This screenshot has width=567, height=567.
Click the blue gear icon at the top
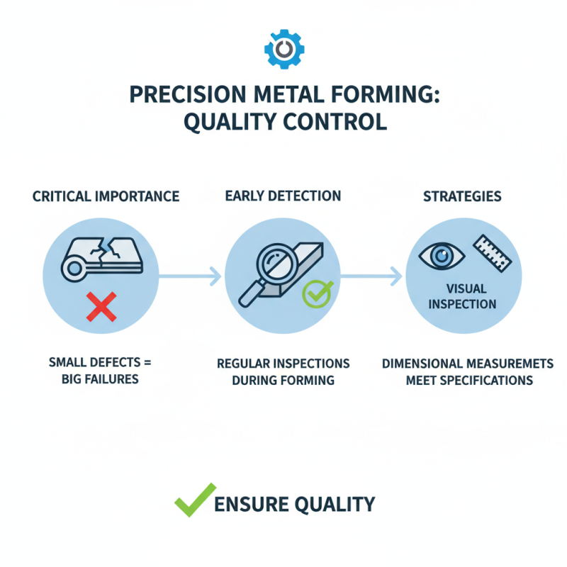pyautogui.click(x=283, y=48)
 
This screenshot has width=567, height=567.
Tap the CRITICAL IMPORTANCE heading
pyautogui.click(x=106, y=196)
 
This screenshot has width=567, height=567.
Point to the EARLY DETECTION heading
pyautogui.click(x=283, y=196)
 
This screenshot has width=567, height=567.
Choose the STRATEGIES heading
pyautogui.click(x=462, y=196)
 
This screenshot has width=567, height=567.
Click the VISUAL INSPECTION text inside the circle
pyautogui.click(x=462, y=296)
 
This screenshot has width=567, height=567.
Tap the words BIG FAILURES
pyautogui.click(x=100, y=379)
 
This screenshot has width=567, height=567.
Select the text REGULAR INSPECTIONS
pyautogui.click(x=283, y=364)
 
